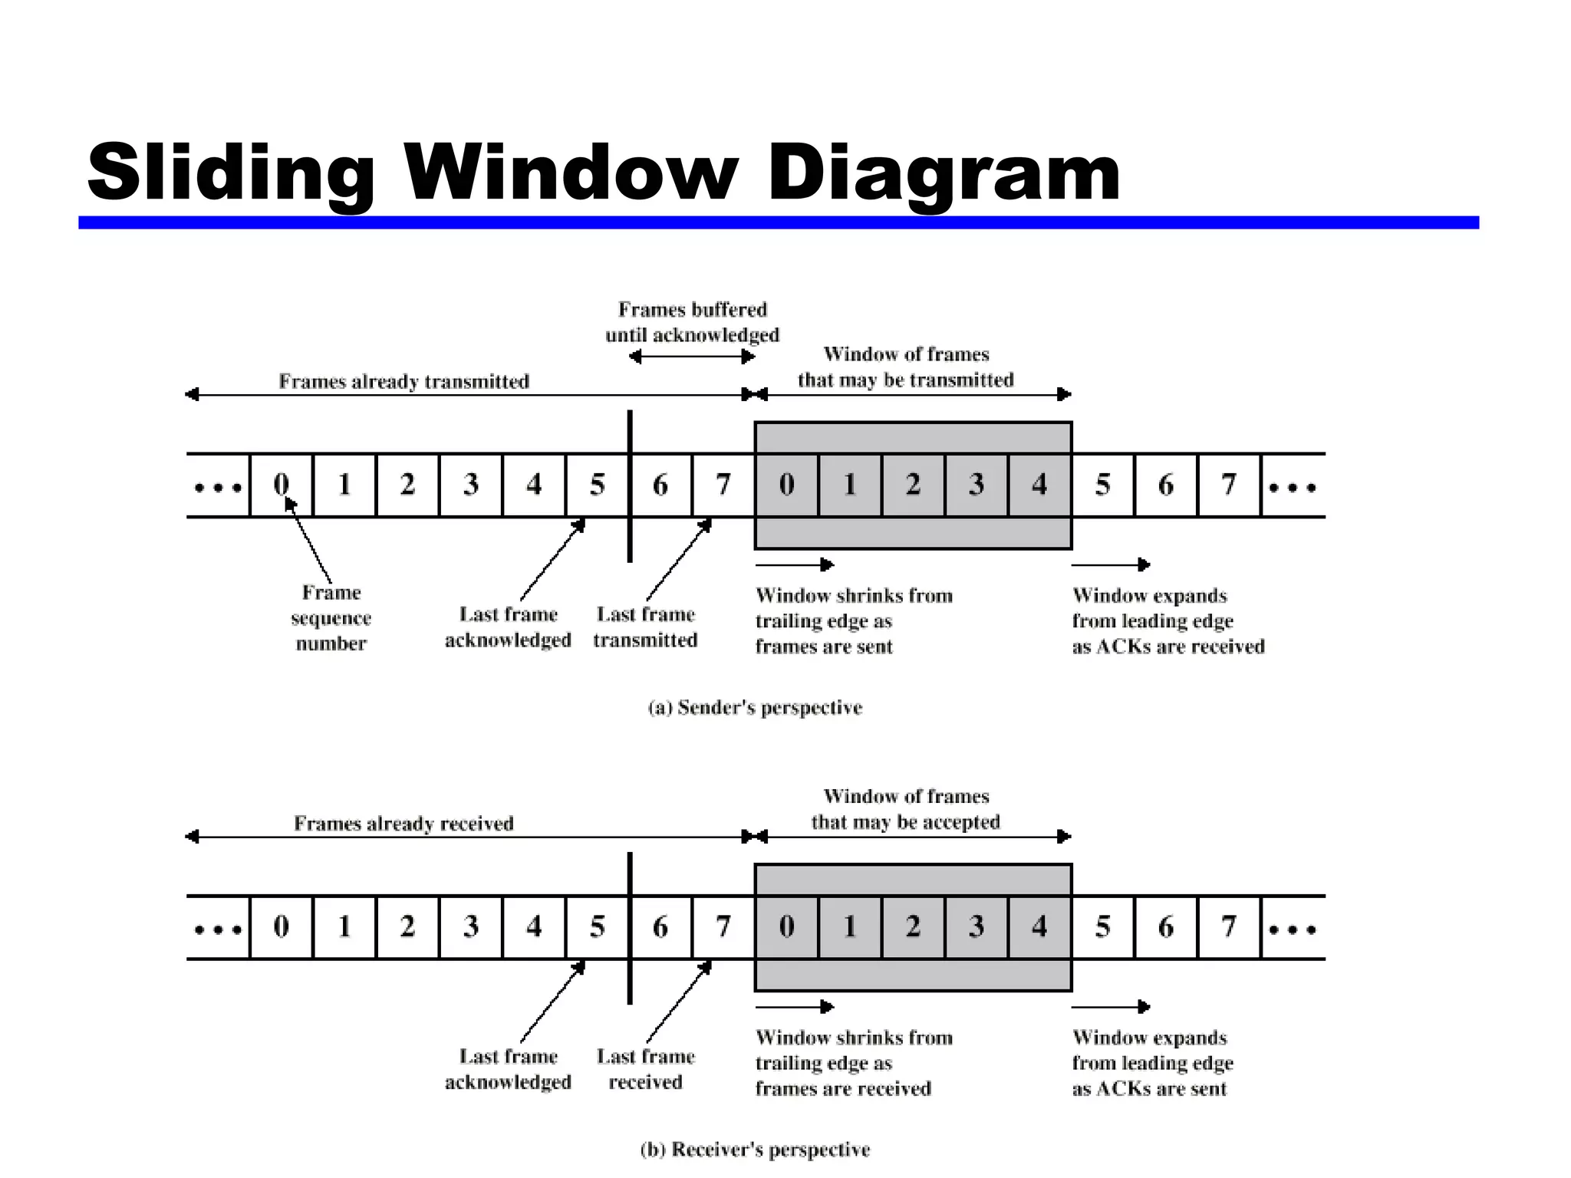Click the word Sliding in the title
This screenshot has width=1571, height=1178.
(x=230, y=173)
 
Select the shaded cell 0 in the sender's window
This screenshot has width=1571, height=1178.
(x=786, y=485)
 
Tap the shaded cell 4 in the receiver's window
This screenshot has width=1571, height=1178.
(x=1039, y=926)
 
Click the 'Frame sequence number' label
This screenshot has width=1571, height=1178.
(x=331, y=618)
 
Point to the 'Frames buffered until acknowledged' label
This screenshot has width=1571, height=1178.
(x=692, y=322)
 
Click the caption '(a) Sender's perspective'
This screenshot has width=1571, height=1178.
(x=755, y=707)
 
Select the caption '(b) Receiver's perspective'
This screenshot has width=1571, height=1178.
(x=755, y=1149)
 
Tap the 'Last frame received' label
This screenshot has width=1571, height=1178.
(x=645, y=1069)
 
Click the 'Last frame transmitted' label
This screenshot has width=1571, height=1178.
(x=645, y=627)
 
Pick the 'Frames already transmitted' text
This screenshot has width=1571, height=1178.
(x=403, y=381)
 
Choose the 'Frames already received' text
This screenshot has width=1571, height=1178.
(x=403, y=823)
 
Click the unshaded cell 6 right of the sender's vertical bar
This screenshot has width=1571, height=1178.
(x=660, y=485)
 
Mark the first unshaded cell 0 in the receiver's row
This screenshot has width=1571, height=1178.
(x=282, y=926)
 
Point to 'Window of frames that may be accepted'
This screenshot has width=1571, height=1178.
(x=906, y=809)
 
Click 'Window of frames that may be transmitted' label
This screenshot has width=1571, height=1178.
(x=906, y=367)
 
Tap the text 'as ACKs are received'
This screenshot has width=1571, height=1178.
(x=1168, y=647)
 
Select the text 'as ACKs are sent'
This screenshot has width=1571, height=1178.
(x=1149, y=1088)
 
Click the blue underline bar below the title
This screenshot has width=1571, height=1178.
(x=778, y=222)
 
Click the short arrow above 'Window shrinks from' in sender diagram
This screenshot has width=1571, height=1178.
(x=794, y=565)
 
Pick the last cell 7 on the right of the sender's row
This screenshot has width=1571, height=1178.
(x=1229, y=485)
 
